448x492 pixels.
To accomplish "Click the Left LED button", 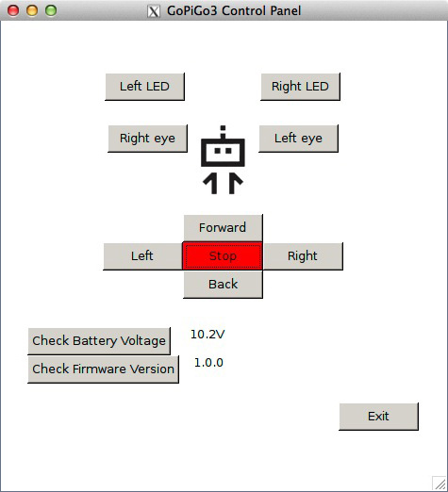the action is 144,87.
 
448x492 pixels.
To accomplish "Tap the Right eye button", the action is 147,139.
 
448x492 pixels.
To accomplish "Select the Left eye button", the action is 298,139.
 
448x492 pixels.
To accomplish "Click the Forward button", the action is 223,228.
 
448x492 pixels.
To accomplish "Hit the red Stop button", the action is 223,255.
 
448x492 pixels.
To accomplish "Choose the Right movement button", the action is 303,256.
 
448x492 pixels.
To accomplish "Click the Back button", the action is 223,285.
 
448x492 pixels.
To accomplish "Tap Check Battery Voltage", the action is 99,341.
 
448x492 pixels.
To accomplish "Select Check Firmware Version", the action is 103,369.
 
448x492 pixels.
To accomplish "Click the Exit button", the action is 378,417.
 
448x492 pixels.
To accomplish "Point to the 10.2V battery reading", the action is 207,335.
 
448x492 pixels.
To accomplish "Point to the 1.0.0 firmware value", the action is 208,363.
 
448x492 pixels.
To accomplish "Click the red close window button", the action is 13,10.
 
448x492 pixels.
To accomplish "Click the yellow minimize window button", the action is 32,10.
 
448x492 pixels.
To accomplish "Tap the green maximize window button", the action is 51,10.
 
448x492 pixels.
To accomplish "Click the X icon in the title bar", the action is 154,11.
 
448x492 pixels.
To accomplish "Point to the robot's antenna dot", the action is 223,128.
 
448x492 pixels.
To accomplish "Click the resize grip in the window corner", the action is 440,484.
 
